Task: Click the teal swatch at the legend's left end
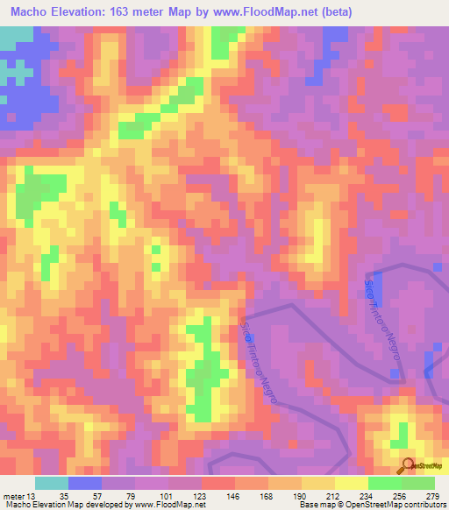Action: [52, 483]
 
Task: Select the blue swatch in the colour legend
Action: [85, 483]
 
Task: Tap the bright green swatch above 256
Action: [385, 483]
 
